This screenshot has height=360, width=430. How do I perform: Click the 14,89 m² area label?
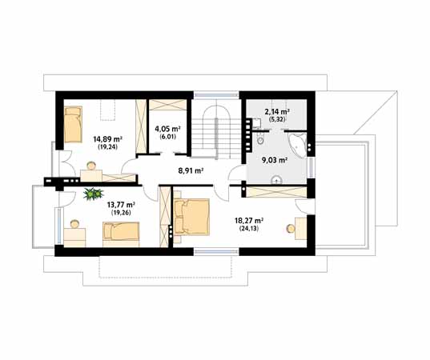(107, 139)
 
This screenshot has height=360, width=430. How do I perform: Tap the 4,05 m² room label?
(167, 129)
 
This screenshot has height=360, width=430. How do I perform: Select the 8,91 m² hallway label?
(191, 171)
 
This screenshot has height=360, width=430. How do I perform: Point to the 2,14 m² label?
(277, 111)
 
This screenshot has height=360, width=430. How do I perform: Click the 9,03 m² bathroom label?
(275, 160)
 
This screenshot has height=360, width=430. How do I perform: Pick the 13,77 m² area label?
(121, 205)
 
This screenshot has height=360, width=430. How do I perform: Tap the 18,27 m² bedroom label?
(249, 220)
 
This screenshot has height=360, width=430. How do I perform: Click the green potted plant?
(94, 194)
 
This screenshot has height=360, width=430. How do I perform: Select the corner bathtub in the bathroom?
(298, 144)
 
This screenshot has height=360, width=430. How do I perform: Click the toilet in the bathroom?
(259, 139)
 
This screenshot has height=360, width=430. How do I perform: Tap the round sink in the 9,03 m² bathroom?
(276, 180)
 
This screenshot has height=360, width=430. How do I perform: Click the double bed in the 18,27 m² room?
(191, 217)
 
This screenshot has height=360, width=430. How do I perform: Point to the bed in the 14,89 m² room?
(73, 124)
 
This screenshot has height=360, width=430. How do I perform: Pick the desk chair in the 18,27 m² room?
(291, 228)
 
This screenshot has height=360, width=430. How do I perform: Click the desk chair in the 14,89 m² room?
(91, 166)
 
